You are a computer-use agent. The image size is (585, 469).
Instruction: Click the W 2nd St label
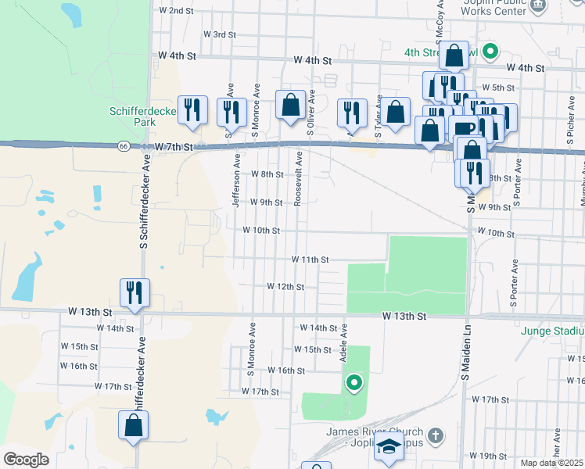tap(176, 11)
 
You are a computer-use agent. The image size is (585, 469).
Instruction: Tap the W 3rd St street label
tap(220, 34)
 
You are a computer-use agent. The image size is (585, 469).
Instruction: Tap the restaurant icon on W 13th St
tap(135, 292)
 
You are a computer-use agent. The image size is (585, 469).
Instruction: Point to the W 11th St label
tap(310, 259)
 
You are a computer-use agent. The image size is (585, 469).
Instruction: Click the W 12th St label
tap(285, 287)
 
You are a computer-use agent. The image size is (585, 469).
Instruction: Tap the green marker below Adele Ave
tap(354, 382)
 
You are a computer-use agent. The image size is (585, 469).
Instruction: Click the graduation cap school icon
tap(388, 447)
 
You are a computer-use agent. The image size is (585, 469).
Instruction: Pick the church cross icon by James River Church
tap(436, 433)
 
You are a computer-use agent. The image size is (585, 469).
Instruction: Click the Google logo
tap(26, 460)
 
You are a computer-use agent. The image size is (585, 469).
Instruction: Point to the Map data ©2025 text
tap(552, 463)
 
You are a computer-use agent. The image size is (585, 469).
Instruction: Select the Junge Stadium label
tap(551, 330)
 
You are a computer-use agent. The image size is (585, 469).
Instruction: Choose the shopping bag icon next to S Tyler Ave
tap(397, 111)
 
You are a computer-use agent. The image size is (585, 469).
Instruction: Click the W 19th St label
tap(489, 456)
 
